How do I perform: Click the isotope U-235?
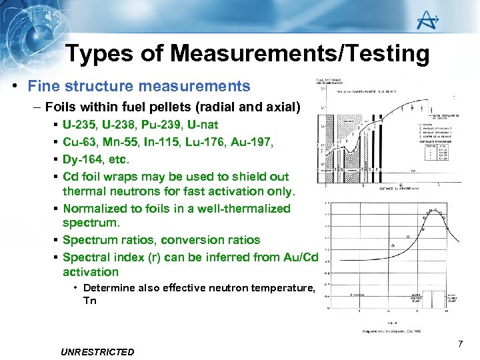point(81,125)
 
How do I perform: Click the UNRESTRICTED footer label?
point(97,352)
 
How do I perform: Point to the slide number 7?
point(460,344)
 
